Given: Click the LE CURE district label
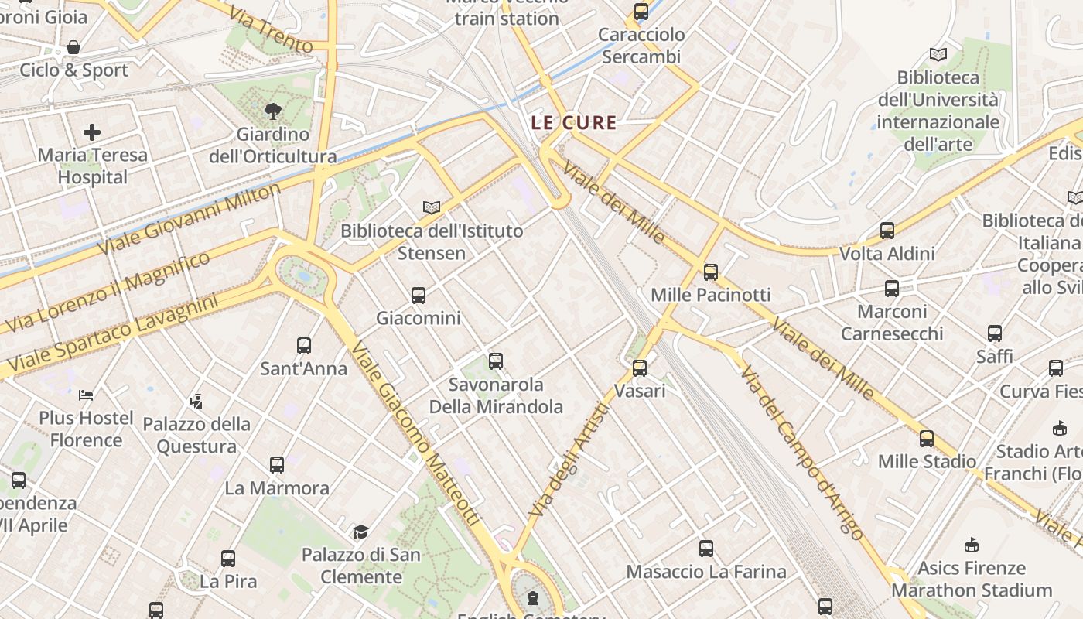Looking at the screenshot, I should pos(574,122).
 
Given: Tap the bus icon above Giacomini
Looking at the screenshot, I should pos(419,296).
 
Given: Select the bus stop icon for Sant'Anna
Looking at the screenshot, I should pos(304,346).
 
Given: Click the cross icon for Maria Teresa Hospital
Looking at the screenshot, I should pos(92,132).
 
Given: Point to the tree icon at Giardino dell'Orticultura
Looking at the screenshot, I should pos(272,111).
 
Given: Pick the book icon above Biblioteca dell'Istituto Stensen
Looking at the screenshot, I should pos(432,207).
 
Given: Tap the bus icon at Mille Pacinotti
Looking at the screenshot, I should pos(711,272).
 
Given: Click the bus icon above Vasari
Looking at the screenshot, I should pos(640,368).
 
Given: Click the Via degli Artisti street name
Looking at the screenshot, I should pos(569,460).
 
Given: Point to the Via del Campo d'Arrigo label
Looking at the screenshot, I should pos(801,453).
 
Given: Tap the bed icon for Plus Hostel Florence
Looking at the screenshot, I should pos(86,395).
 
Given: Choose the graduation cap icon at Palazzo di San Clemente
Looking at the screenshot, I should pos(360,532).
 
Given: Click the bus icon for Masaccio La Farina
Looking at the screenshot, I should pos(706,549).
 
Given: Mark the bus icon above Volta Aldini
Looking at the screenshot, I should pos(887,231).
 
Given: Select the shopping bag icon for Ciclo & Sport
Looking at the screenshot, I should pos(73,48).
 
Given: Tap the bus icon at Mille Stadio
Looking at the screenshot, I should pos(927,439).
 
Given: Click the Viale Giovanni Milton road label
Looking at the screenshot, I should pos(190,220).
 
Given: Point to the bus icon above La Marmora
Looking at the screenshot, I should pos(277,465).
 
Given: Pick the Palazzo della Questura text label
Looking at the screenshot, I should pos(196,435).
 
